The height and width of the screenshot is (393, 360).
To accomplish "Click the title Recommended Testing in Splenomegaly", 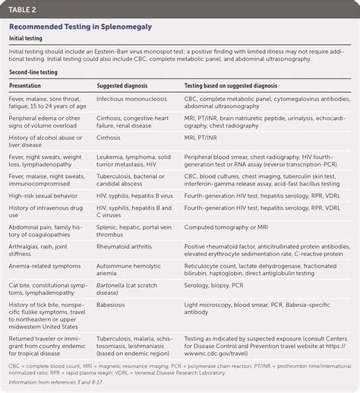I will [80, 27].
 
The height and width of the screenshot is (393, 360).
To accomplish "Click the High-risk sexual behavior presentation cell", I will [45, 195].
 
